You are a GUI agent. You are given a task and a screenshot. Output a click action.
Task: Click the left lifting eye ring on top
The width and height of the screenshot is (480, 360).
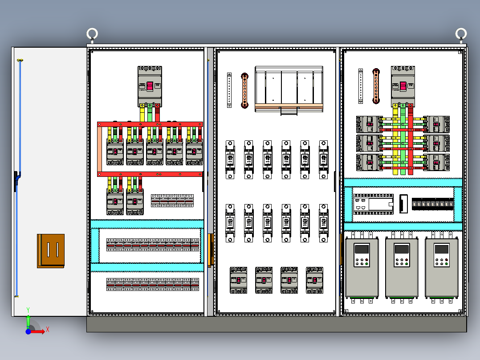coord(92,33)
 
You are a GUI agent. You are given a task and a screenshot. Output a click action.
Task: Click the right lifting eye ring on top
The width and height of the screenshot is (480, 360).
coord(461,33)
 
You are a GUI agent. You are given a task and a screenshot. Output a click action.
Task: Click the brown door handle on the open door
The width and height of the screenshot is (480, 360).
coord(51,251)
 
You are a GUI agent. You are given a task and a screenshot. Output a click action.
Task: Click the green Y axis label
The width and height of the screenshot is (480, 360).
coord(28,309)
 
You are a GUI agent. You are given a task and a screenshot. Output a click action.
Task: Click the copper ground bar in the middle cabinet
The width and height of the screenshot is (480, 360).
coord(244,90)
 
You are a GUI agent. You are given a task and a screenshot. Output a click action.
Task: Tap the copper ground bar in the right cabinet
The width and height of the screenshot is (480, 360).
coord(376,86)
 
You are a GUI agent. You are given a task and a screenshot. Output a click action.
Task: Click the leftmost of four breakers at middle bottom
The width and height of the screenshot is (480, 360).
coord(238,280)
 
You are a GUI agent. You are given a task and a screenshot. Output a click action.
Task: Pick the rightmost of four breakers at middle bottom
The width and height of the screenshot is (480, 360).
coord(314,280)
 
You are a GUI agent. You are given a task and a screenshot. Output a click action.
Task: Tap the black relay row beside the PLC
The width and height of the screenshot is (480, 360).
coord(433,205)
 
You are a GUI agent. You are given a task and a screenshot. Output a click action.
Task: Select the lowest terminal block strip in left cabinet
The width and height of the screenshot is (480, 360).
coord(153,284)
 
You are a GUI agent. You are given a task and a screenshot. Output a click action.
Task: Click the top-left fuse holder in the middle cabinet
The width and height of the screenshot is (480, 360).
coord(230,160)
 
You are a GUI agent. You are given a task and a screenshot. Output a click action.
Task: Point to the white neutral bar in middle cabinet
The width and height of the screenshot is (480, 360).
coord(229,90)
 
